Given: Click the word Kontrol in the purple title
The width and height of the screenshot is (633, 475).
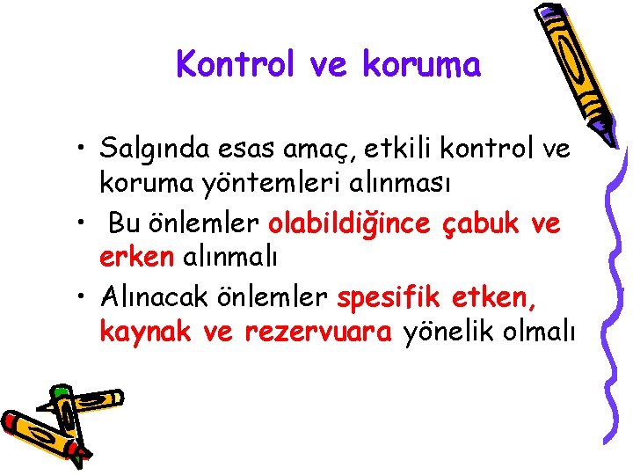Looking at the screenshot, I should point(230,64).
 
